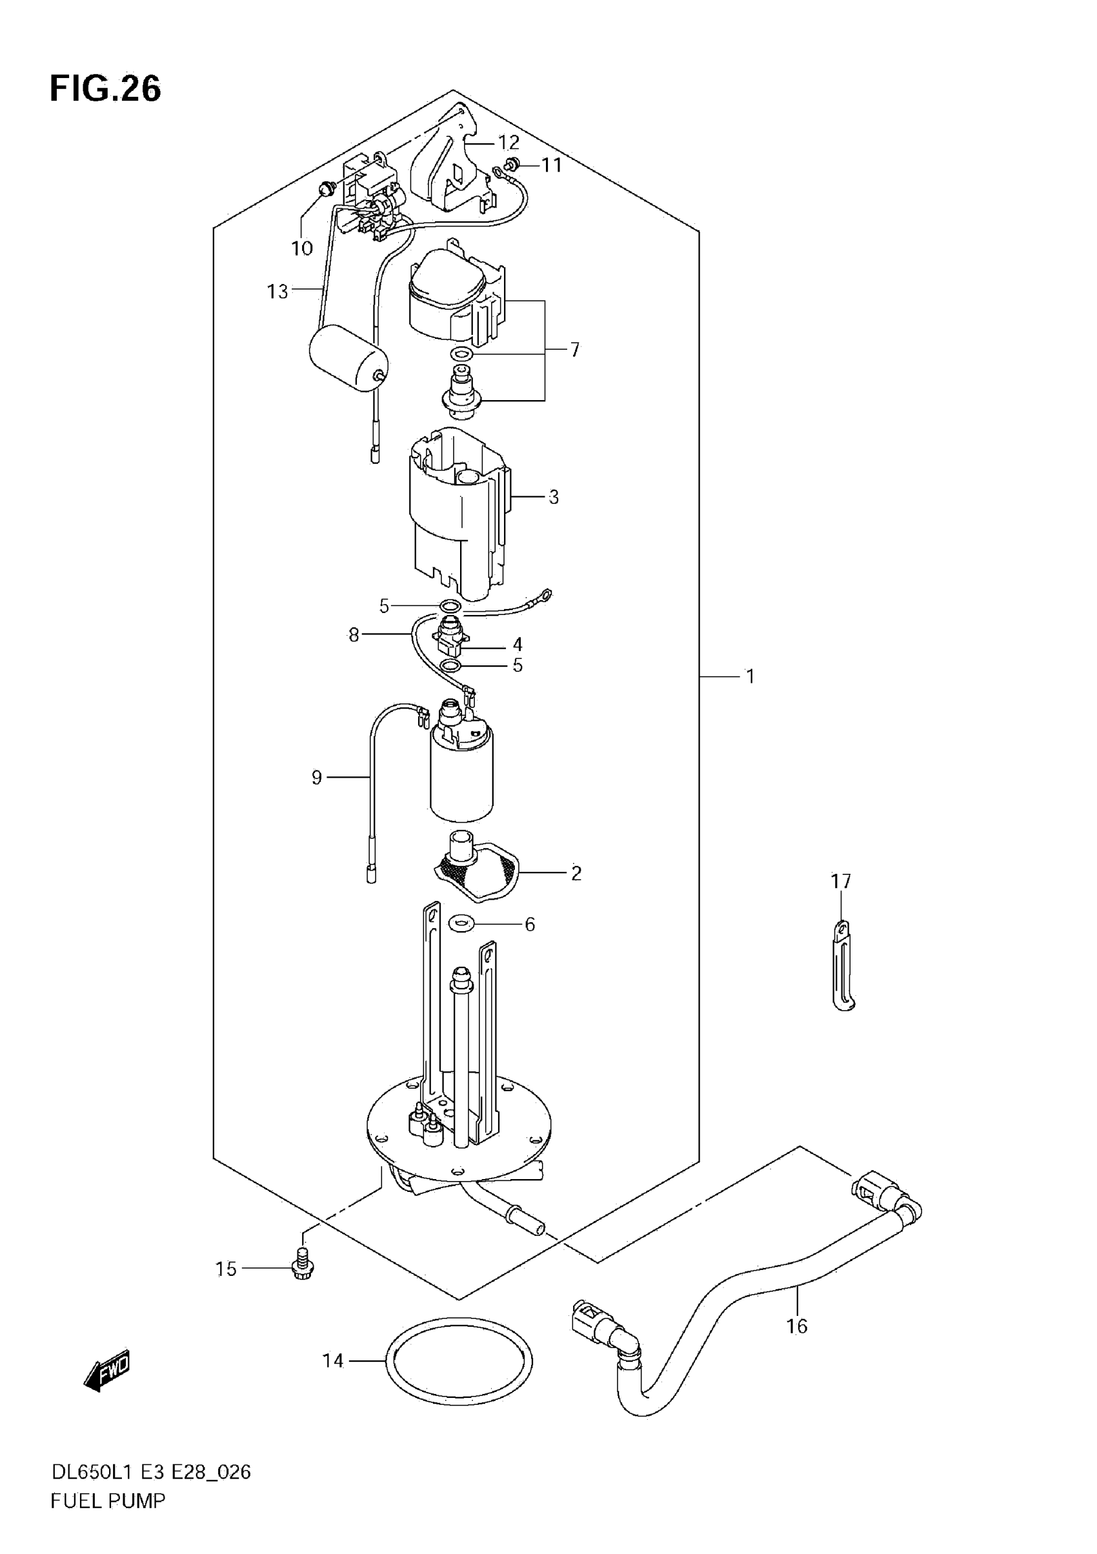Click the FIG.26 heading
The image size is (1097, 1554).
pyautogui.click(x=106, y=88)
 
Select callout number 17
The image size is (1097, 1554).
pyautogui.click(x=841, y=882)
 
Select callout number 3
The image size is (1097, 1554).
pyautogui.click(x=554, y=498)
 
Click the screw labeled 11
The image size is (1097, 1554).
pyautogui.click(x=512, y=163)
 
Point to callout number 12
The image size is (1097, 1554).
pyautogui.click(x=509, y=143)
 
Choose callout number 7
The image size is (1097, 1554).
pyautogui.click(x=574, y=350)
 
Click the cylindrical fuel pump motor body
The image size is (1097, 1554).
pyautogui.click(x=462, y=775)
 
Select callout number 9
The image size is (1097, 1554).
pyautogui.click(x=316, y=778)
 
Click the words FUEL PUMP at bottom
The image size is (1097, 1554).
pyautogui.click(x=108, y=1501)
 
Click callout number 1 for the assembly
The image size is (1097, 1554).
pyautogui.click(x=750, y=676)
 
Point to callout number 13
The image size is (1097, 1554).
pyautogui.click(x=277, y=292)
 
